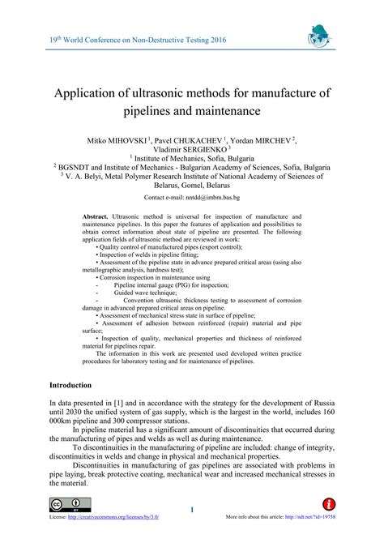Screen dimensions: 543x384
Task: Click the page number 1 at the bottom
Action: [x=192, y=509]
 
